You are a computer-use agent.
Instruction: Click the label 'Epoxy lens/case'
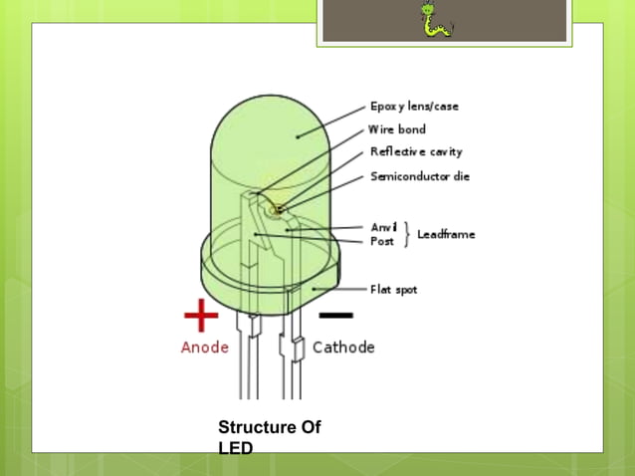point(414,107)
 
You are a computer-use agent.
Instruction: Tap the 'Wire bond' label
point(397,129)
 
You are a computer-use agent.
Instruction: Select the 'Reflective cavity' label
point(416,152)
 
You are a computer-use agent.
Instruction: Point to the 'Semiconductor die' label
point(420,176)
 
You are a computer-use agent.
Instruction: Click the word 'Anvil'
point(383,227)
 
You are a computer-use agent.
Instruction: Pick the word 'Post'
point(382,241)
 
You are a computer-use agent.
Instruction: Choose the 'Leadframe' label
point(446,234)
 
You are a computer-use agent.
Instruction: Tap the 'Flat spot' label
point(393,290)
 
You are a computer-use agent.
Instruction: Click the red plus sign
point(201,316)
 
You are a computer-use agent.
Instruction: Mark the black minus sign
point(335,317)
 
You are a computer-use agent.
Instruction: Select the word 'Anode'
point(204,348)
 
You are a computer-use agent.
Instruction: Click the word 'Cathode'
point(343,348)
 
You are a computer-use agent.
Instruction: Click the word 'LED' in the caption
point(235,449)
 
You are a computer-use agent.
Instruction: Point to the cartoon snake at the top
point(435,21)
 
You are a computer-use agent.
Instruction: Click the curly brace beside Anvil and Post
point(405,234)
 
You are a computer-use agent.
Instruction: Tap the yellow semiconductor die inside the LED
point(280,209)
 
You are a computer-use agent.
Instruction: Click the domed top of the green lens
point(270,129)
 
